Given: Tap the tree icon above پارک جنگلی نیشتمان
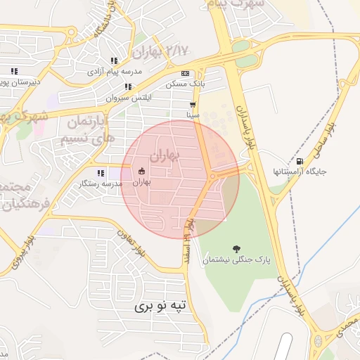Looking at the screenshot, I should click(x=236, y=248).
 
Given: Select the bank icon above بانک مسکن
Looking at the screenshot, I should click(x=186, y=73).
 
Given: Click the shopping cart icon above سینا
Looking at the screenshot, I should click(x=193, y=104).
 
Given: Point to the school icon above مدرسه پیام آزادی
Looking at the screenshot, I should click(x=114, y=61).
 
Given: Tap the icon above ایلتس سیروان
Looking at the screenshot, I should click(x=128, y=87).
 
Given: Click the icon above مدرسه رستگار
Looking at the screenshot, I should click(x=101, y=172).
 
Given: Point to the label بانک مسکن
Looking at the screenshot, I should click(x=185, y=84).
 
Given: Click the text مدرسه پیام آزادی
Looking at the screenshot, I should click(x=114, y=72).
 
